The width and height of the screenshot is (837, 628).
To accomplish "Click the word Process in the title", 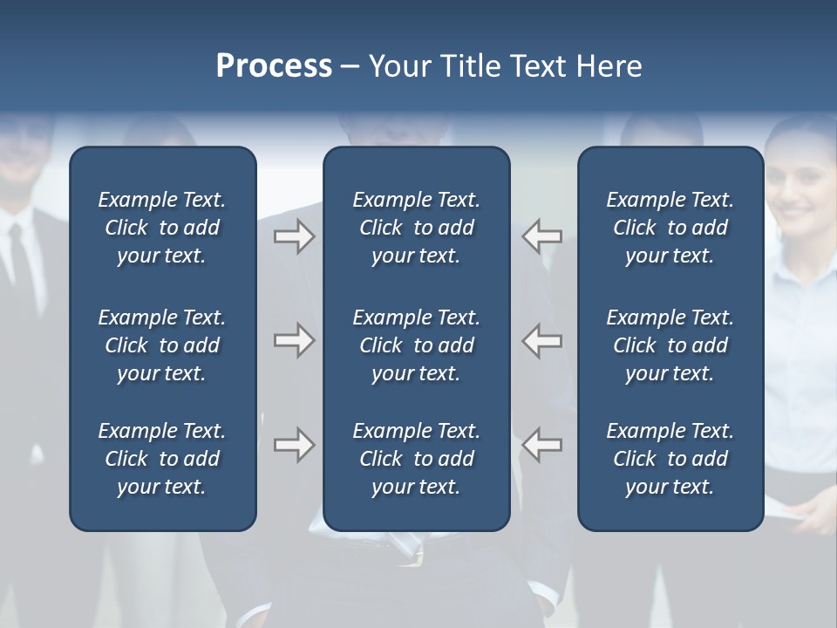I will [274, 66].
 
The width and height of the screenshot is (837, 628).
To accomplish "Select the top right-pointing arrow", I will [294, 236].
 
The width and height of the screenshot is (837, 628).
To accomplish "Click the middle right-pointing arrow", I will [294, 340].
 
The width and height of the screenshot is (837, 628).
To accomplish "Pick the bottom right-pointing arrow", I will [294, 445].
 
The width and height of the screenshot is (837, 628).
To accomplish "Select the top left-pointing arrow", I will [541, 236].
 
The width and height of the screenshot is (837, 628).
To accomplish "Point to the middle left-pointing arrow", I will [541, 340].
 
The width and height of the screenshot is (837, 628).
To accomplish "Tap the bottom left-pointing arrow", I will [541, 445].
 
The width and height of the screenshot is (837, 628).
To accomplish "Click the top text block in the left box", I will [162, 228].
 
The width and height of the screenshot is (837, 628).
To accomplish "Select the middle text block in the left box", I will [162, 345].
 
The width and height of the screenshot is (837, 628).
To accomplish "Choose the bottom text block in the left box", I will [162, 459].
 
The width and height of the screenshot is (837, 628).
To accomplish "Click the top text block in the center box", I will [416, 228].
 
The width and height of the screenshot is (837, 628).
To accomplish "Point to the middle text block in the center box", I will [416, 345].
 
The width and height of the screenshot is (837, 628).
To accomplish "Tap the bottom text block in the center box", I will [416, 459].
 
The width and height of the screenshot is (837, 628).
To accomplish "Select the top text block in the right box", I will [670, 228].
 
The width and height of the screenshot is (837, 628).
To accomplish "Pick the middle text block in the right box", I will [670, 345].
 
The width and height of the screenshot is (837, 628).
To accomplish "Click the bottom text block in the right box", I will [670, 459].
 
